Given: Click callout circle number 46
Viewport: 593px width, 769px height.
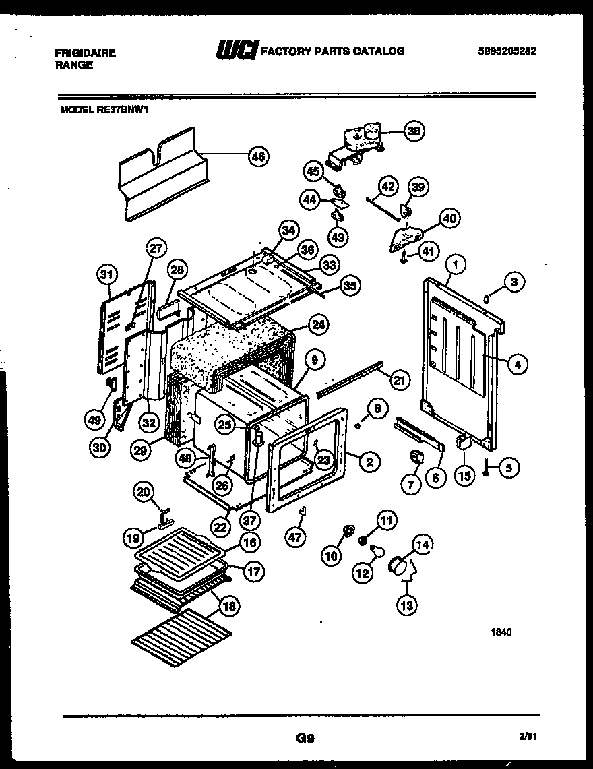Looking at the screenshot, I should click(x=257, y=157).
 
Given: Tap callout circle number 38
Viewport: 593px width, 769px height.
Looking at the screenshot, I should click(x=414, y=132).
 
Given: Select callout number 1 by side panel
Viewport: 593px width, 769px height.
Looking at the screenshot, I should click(x=456, y=265).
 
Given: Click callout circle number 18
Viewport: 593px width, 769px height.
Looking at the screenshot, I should click(x=229, y=606).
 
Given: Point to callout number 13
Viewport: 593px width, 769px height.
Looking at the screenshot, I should click(x=407, y=605).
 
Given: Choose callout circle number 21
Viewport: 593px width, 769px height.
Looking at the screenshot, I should click(x=400, y=381).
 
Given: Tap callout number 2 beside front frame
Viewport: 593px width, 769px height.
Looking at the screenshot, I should click(x=369, y=462).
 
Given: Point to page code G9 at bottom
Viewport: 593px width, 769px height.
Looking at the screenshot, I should click(x=305, y=738).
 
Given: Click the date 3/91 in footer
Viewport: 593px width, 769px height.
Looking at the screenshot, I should click(x=528, y=737).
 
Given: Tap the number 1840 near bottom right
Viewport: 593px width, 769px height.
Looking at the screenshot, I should click(x=501, y=632).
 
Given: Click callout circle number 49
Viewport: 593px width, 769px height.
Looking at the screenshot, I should click(x=94, y=419).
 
